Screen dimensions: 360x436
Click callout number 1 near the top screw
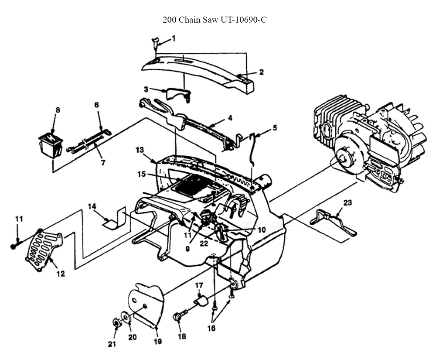pyautogui.click(x=173, y=38)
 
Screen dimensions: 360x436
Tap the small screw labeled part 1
pyautogui.click(x=154, y=42)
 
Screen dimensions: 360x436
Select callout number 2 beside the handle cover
pyautogui.click(x=261, y=72)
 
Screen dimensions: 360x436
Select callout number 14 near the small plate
pyautogui.click(x=92, y=206)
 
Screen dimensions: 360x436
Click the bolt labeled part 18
pyautogui.click(x=179, y=316)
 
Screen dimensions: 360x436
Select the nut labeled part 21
pyautogui.click(x=116, y=323)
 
